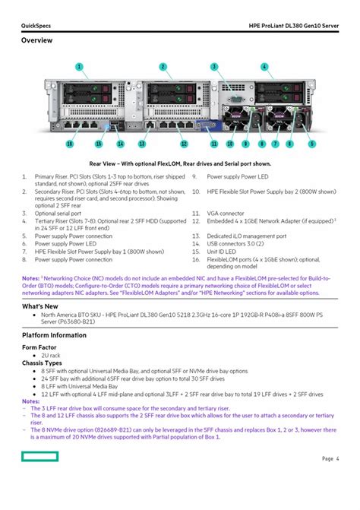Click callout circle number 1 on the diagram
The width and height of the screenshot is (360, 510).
78,66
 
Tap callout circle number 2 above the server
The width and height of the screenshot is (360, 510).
163,66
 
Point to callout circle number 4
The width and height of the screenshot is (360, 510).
264,66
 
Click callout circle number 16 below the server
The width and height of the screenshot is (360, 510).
48,143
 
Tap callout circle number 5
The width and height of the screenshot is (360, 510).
291,143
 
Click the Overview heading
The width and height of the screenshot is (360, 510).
36,40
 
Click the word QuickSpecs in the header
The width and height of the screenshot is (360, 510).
36,26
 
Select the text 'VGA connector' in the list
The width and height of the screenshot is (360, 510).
228,214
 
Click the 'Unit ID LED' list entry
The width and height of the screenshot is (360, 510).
225,252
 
